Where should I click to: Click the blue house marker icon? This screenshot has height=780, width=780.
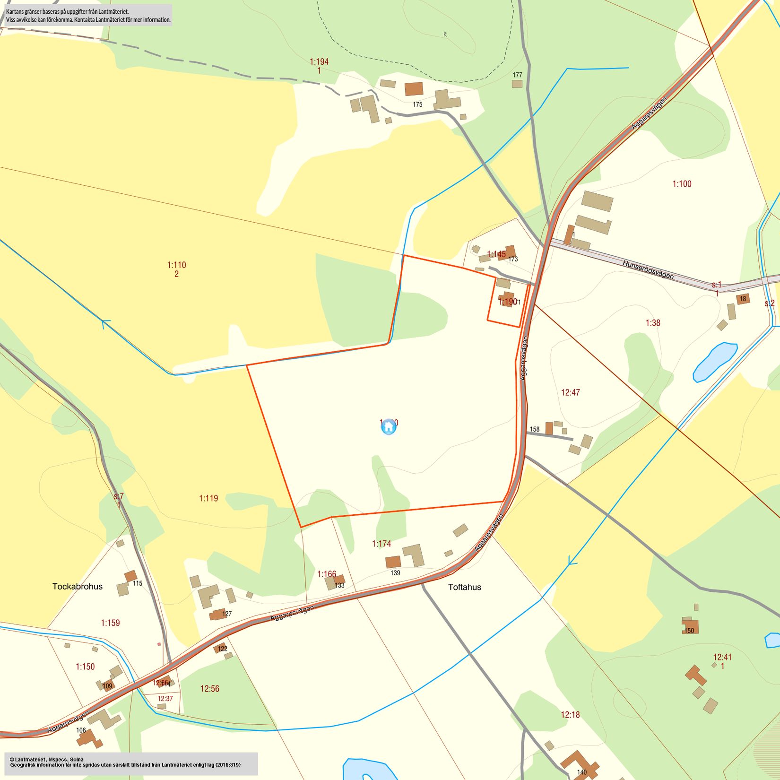coord(389,427)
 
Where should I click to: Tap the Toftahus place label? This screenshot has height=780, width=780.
coord(464,587)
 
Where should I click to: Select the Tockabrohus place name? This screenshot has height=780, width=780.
coord(78,587)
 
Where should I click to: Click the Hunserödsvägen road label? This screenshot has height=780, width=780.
coord(648,270)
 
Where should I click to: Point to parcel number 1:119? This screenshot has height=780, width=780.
coord(208,498)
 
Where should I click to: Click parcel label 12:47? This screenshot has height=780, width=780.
coord(570,392)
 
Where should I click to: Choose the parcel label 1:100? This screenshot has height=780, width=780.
coord(682,184)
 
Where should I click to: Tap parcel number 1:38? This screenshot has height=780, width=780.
coord(653,323)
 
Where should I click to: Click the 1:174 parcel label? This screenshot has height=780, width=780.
coord(381,544)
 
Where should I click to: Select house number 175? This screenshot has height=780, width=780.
coord(417,104)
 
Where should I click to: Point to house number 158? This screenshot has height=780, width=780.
coord(535,429)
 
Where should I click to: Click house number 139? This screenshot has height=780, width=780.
coord(395,573)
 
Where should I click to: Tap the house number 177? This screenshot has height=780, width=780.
coord(517,75)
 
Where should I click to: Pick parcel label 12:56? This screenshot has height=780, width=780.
coord(210,689)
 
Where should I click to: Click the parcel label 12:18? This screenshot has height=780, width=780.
coord(570,715)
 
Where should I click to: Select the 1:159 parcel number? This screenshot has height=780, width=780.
coord(110,623)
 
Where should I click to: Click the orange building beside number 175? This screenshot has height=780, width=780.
coord(414,89)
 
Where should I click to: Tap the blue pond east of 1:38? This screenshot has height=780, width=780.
coord(715,361)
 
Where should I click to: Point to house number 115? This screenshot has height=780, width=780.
coord(137,583)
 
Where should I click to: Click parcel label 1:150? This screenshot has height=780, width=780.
coord(85,667)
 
